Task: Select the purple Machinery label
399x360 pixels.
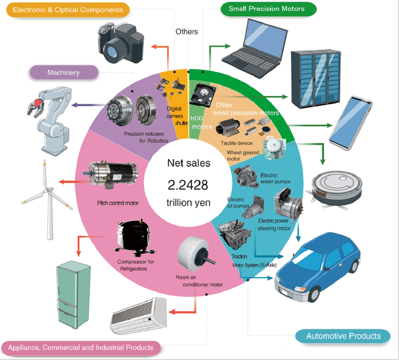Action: (x=64, y=72)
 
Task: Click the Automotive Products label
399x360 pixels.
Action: (x=344, y=336)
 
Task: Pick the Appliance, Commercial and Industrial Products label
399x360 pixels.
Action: (x=81, y=347)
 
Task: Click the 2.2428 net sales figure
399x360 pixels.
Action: (x=188, y=185)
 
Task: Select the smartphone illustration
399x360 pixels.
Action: (x=357, y=122)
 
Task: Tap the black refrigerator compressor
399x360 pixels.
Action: (x=132, y=240)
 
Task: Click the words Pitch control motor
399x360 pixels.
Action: (x=117, y=203)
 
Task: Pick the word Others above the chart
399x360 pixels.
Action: (x=186, y=31)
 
